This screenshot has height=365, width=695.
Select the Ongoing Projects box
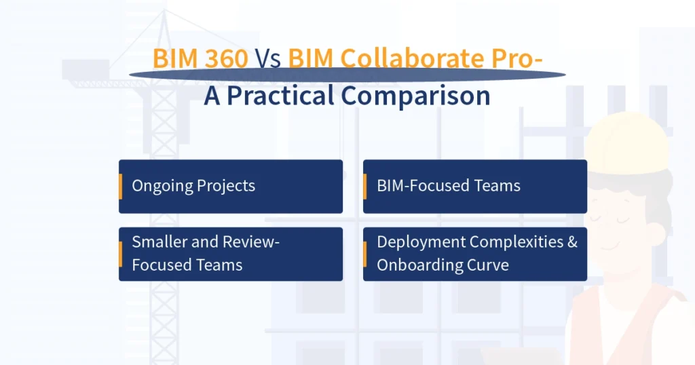pos(231,186)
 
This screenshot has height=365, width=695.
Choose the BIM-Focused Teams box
pos(475,186)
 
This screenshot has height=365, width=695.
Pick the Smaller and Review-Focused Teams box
pos(231,254)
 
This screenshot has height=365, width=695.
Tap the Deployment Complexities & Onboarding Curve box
pos(475,254)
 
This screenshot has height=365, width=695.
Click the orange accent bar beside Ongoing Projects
pos(121,186)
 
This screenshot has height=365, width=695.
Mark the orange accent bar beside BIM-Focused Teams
pos(365,186)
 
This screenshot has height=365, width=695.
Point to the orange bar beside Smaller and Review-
pos(121,254)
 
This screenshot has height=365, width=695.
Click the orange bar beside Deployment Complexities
pos(365,254)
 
